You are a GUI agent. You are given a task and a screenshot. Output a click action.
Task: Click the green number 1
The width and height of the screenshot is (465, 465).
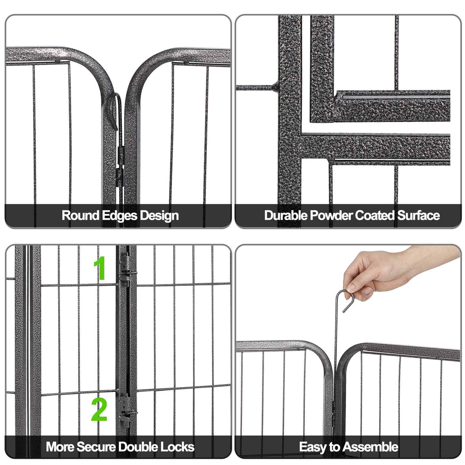[100, 268]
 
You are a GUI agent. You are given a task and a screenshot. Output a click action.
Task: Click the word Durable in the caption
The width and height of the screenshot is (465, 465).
[286, 216]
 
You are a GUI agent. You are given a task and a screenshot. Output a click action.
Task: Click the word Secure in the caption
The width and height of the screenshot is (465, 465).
[96, 447]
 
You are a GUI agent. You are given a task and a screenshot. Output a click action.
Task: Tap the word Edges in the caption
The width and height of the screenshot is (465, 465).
[119, 216]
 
